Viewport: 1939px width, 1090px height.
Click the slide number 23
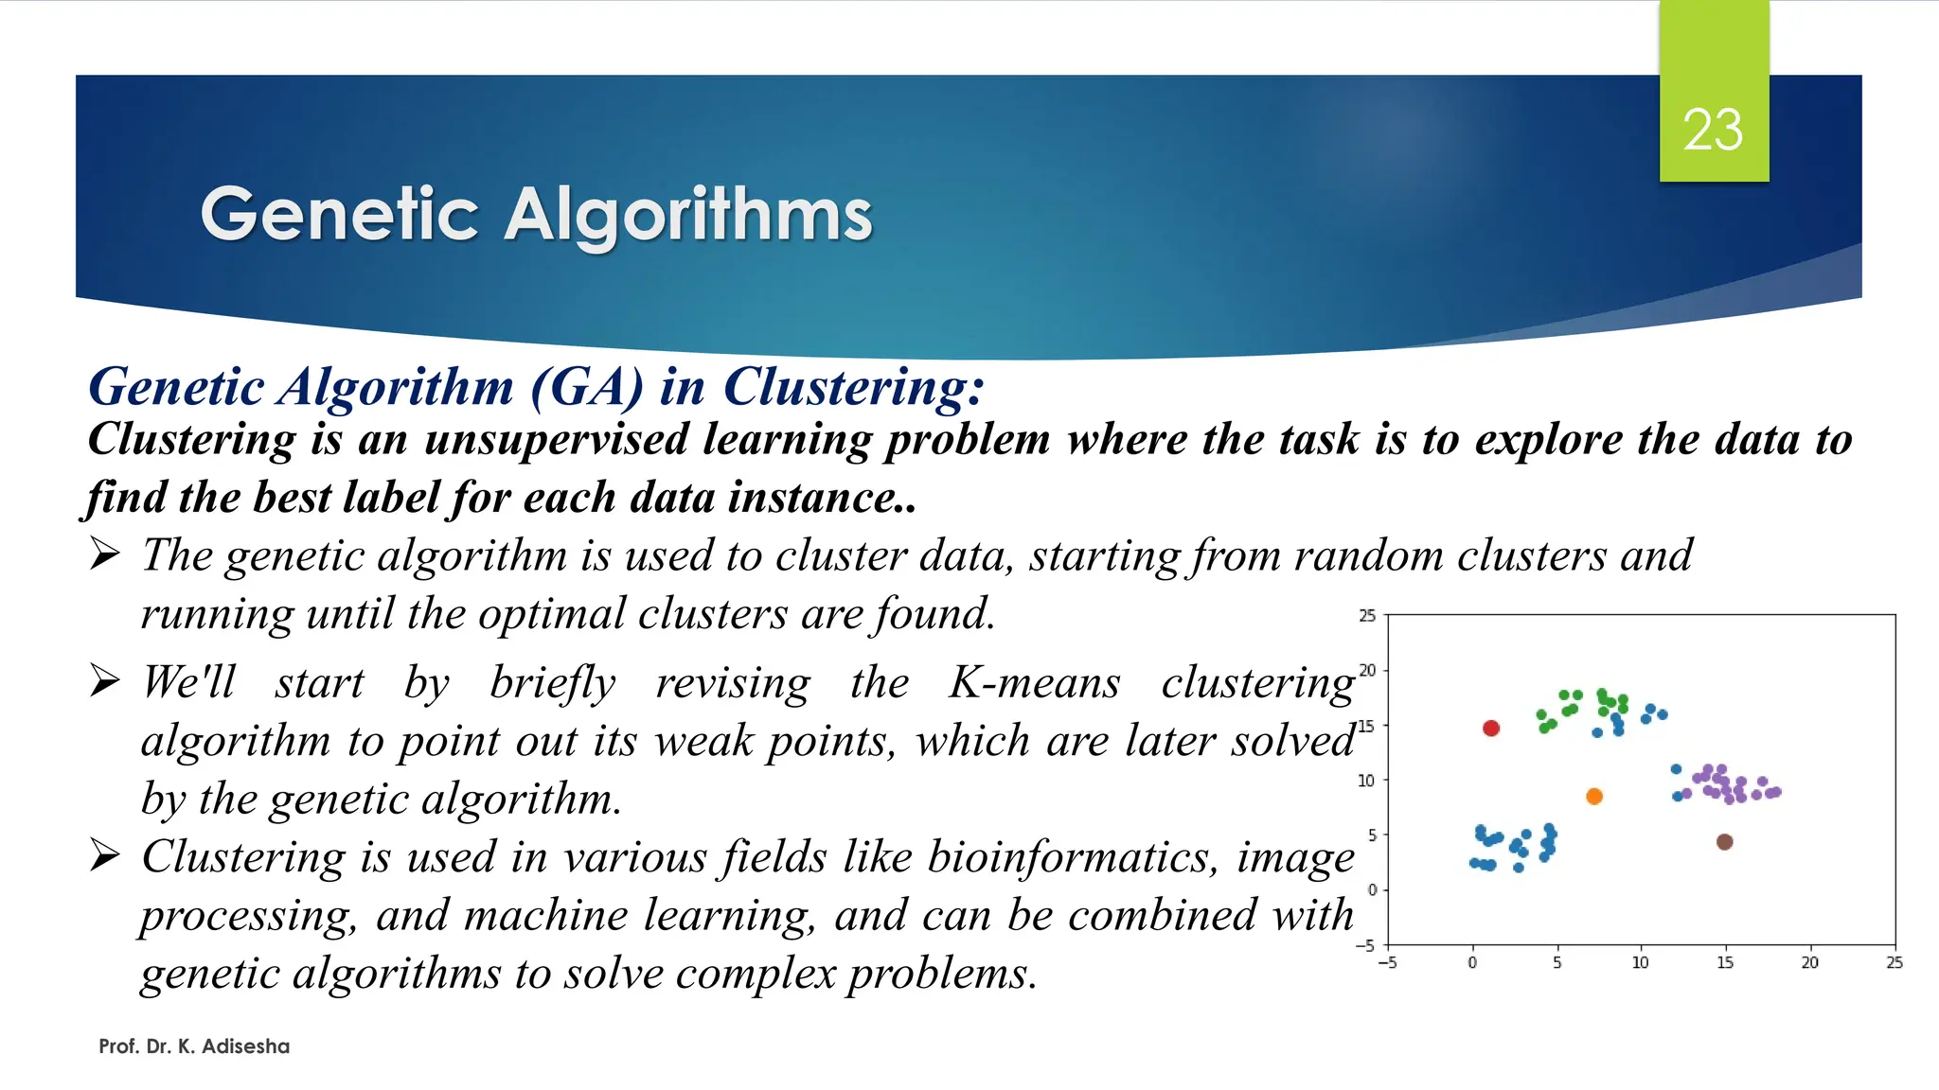coord(1713,130)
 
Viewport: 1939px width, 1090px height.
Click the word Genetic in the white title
coord(340,215)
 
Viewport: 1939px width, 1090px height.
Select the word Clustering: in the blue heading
coord(854,387)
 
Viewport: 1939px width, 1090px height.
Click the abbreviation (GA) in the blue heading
coord(587,387)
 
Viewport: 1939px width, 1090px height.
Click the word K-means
coord(1035,682)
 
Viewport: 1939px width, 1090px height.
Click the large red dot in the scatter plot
coord(1491,728)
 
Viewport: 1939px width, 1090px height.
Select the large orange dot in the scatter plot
coord(1594,797)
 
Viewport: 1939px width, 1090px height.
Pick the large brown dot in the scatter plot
coord(1724,842)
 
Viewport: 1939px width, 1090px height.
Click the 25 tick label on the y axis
coord(1367,616)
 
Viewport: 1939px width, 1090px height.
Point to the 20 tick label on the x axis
coord(1809,963)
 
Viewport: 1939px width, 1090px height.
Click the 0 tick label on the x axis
coord(1472,963)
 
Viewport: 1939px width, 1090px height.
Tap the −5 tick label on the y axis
coord(1364,945)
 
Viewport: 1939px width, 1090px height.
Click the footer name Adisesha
coord(245,1046)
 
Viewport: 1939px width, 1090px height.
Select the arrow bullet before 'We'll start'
coord(105,680)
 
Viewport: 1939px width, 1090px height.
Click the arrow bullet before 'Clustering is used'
coord(105,855)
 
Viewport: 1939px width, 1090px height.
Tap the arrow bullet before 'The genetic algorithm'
coord(105,554)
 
